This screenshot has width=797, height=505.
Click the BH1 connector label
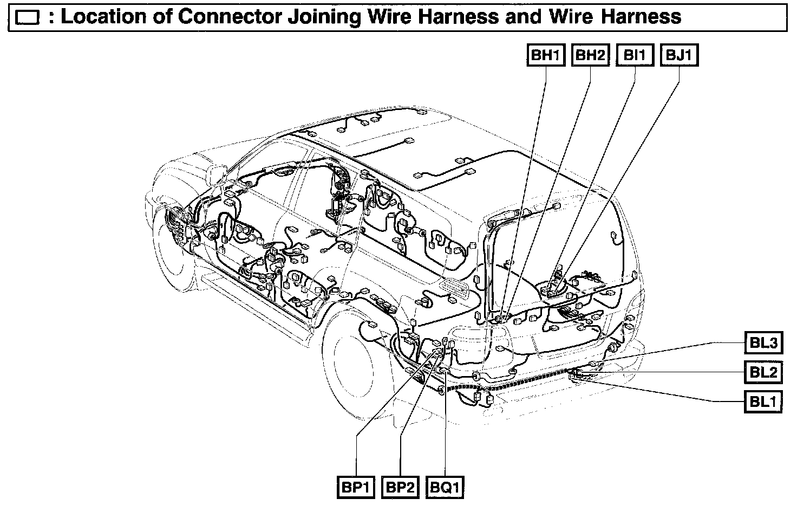[x=546, y=55]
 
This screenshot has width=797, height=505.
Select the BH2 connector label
[x=590, y=55]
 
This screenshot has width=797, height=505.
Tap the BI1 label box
[x=635, y=55]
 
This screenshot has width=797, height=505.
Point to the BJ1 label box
[x=679, y=55]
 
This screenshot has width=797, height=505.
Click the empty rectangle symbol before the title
[x=27, y=18]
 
